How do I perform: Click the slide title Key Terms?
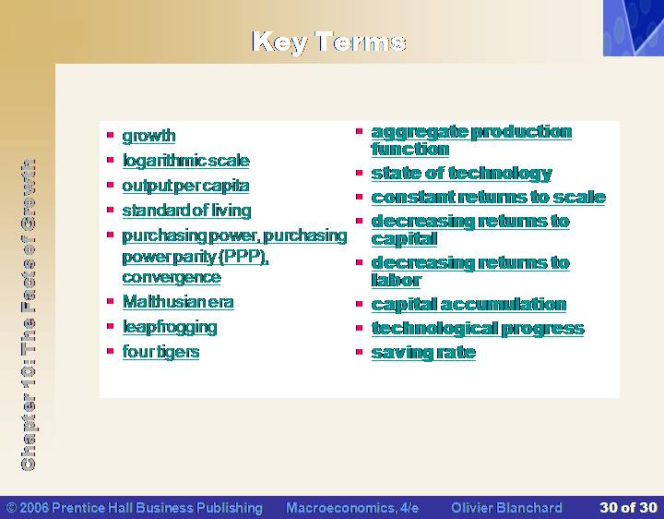[x=329, y=42]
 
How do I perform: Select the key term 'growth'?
[x=148, y=136]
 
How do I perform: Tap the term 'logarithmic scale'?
[x=186, y=161]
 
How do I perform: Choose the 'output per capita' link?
[x=185, y=186]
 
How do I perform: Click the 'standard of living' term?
[x=186, y=211]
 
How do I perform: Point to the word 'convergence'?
[x=172, y=277]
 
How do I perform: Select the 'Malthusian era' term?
[x=178, y=302]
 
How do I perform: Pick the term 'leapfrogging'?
[x=170, y=327]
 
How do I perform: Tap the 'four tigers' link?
[x=160, y=352]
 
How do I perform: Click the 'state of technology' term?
[x=462, y=174]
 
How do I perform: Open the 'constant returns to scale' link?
[x=488, y=198]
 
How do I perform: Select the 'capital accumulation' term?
[x=468, y=305]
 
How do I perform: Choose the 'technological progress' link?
[x=478, y=329]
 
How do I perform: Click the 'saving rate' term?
[x=423, y=353]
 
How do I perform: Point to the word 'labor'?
[x=396, y=280]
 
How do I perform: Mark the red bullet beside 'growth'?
[x=111, y=135]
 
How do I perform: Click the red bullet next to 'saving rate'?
[x=360, y=352]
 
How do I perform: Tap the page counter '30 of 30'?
[x=628, y=508]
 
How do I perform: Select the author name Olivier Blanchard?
[x=506, y=508]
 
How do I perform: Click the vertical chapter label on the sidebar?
[x=28, y=314]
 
